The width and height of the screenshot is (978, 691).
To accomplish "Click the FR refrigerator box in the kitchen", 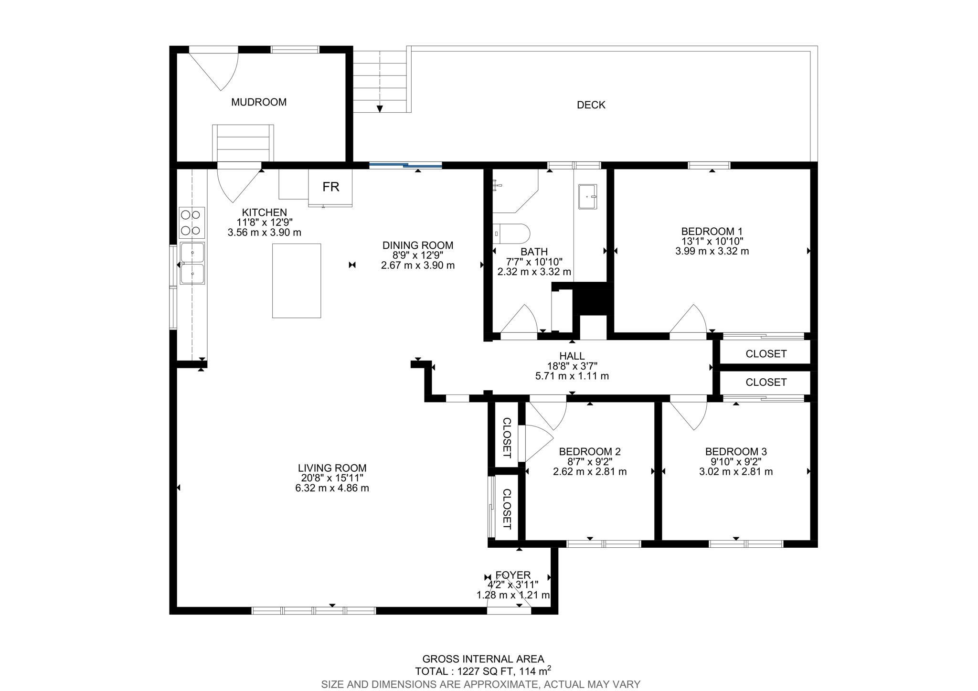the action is point(330,187).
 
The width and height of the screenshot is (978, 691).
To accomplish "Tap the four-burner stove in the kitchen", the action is point(192,223).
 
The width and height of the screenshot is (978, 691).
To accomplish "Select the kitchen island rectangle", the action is point(297,280).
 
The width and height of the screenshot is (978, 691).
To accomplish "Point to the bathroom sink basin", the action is point(588,196).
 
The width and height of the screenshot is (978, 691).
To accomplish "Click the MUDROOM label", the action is point(259,102).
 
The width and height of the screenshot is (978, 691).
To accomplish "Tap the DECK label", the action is point(591,105).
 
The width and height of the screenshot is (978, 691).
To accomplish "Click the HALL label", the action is point(572,356).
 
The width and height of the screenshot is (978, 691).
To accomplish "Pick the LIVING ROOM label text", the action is point(332,468).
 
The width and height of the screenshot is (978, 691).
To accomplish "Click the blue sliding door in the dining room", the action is point(405,166).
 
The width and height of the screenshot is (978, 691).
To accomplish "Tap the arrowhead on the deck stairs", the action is point(380,109).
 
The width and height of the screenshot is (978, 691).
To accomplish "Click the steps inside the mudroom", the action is point(243,143).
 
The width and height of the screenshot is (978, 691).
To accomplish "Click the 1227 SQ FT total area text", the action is point(483,671).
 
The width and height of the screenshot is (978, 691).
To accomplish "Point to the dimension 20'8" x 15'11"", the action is point(332,478).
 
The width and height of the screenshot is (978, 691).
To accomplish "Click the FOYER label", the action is point(513,575).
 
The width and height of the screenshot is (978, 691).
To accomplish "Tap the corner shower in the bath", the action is point(515,191).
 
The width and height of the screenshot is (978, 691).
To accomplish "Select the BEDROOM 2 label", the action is point(590,451).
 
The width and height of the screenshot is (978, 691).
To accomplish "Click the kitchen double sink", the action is point(192,263).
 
